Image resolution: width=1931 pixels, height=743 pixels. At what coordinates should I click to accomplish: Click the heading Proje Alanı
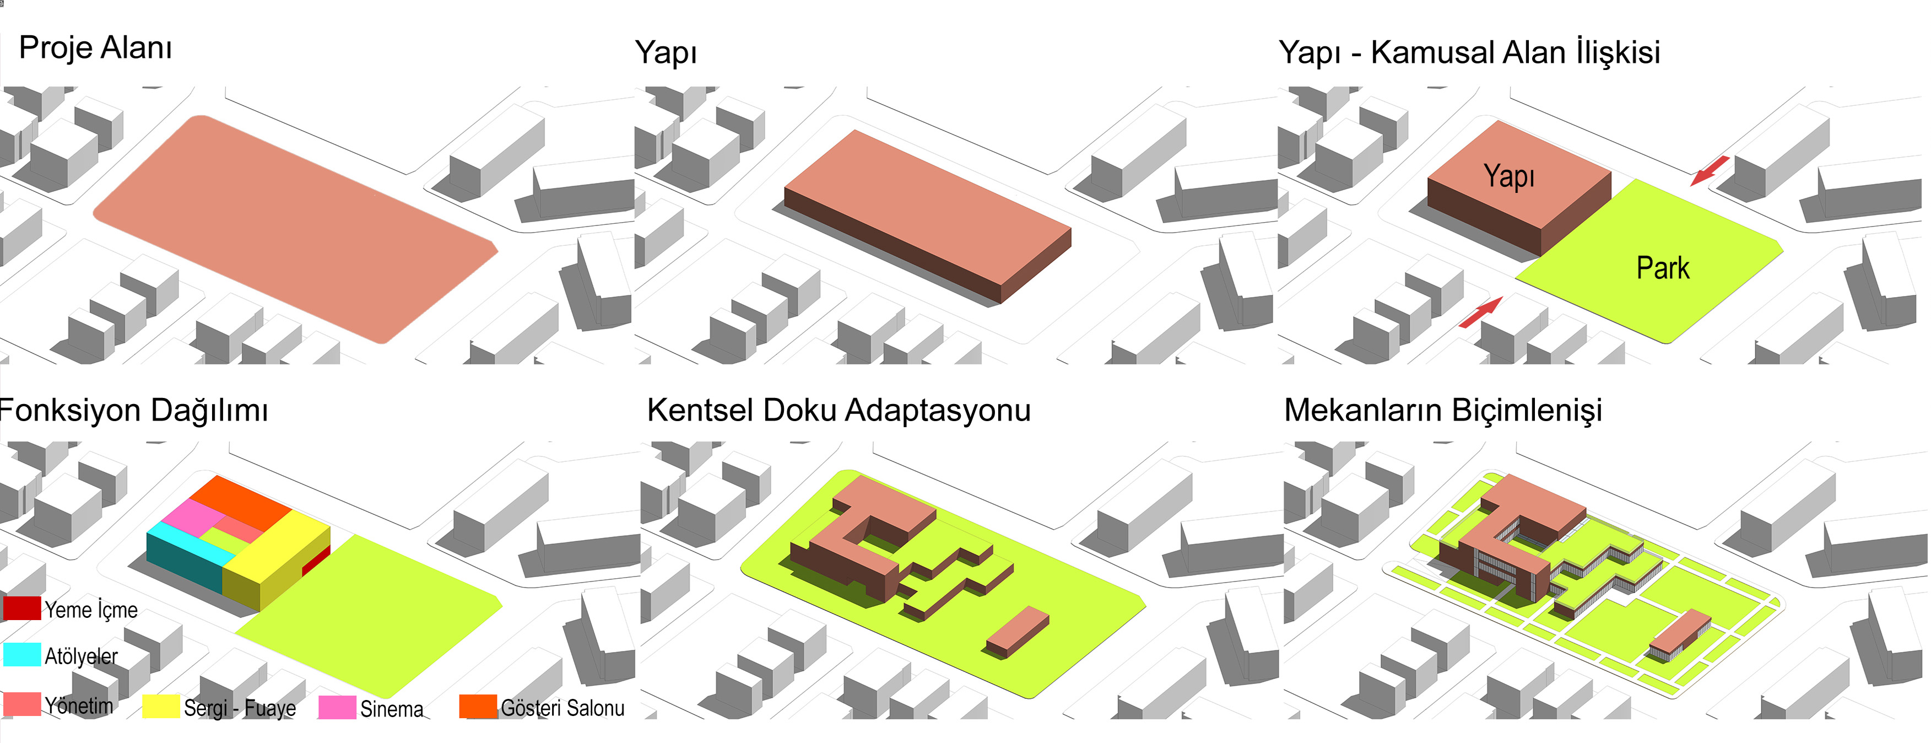(x=95, y=48)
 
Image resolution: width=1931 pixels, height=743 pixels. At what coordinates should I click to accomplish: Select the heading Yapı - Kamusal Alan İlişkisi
(x=1469, y=52)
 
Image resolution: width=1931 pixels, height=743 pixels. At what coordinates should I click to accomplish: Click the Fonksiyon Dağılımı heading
(x=133, y=411)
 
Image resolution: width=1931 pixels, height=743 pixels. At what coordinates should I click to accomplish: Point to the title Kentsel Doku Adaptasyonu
(x=839, y=411)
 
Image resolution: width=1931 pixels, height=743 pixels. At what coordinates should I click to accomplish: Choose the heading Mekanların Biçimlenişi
(x=1443, y=411)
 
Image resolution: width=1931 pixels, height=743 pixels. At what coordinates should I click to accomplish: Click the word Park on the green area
(x=1663, y=268)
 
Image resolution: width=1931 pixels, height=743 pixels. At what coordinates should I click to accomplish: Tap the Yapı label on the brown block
(x=1509, y=176)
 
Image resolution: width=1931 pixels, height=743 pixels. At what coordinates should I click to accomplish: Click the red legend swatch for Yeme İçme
(x=21, y=608)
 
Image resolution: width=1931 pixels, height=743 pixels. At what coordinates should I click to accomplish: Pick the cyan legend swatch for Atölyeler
(x=21, y=654)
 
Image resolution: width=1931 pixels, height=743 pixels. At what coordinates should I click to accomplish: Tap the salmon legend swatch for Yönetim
(x=21, y=704)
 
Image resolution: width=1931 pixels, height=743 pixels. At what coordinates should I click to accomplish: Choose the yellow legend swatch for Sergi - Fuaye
(x=160, y=706)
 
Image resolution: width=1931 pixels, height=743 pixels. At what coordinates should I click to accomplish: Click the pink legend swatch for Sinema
(x=337, y=707)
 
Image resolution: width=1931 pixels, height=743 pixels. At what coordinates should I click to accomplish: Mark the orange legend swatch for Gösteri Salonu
(x=478, y=706)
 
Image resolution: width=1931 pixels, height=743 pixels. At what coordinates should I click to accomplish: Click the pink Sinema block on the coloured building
(x=192, y=518)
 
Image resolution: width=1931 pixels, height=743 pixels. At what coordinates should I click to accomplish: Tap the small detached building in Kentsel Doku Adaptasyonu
(x=1017, y=632)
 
